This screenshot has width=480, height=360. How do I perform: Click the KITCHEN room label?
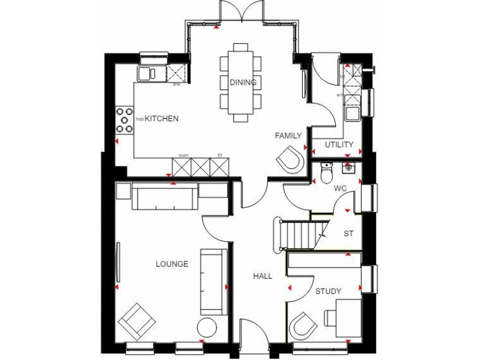162,118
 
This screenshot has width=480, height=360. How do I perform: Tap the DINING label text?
242,82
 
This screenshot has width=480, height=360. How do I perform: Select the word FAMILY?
288,136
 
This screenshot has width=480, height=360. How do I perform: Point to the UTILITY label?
339,145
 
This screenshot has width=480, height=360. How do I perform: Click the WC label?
340,187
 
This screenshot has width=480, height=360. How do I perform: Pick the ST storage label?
349,234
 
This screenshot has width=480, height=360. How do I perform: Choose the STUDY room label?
327,291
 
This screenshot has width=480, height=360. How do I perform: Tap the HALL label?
262,276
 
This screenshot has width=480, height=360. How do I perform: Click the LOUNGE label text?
172,264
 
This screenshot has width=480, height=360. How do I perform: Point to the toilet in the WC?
325,174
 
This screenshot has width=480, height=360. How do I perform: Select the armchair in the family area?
289,159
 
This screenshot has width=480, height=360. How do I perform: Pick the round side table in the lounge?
207,328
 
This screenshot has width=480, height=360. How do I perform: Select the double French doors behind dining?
241,11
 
